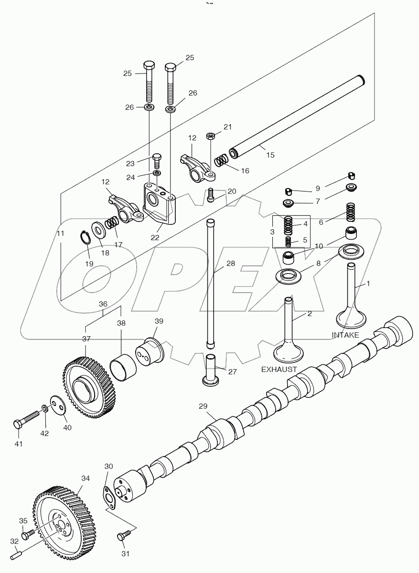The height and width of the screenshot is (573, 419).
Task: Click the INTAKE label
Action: pyautogui.click(x=345, y=335)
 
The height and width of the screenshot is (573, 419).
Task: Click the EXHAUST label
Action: pyautogui.click(x=279, y=369)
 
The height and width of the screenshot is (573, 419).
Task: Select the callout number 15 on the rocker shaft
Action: pyautogui.click(x=270, y=155)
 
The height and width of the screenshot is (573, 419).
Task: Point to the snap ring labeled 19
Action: pyautogui.click(x=85, y=237)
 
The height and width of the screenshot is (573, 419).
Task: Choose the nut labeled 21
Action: pyautogui.click(x=210, y=137)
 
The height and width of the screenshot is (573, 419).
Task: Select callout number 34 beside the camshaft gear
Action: pyautogui.click(x=86, y=478)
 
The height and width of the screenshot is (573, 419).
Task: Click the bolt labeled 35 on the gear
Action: pyautogui.click(x=30, y=531)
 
